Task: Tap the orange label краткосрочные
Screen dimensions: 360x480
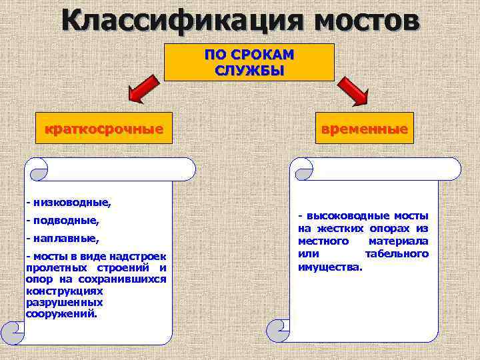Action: point(103,128)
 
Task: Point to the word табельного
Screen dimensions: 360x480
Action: point(397,253)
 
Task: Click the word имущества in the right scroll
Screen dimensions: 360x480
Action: point(331,267)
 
